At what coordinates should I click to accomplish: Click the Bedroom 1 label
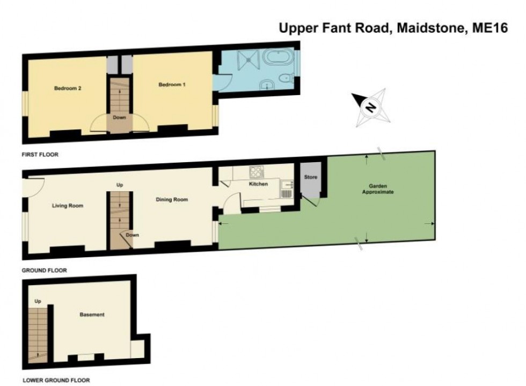[x=172, y=85]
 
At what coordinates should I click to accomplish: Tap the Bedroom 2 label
[x=68, y=88]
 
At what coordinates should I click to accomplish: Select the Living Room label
[x=68, y=206]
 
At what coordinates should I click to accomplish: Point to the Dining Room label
[x=172, y=199]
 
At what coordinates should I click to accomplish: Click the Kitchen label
[x=258, y=184]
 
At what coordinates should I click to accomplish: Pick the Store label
[x=311, y=177]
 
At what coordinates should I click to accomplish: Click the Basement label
[x=92, y=315]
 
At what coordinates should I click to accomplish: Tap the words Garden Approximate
[x=378, y=189]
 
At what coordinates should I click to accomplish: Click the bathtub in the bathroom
[x=278, y=57]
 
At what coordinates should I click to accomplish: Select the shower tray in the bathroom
[x=249, y=60]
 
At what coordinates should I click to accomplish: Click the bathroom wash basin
[x=267, y=85]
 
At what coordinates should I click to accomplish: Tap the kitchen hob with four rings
[x=257, y=172]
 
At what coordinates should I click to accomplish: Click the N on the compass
[x=370, y=107]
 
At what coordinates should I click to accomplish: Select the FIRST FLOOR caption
[x=40, y=155]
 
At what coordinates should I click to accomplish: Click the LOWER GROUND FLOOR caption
[x=56, y=380]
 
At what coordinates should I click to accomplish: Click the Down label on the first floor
[x=119, y=118]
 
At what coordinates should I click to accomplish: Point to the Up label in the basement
[x=38, y=301]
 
